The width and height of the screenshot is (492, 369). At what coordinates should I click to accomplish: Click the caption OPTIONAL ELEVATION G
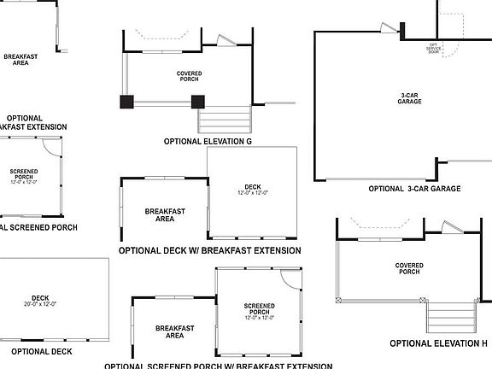(208, 141)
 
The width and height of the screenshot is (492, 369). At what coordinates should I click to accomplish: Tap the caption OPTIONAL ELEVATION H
(438, 343)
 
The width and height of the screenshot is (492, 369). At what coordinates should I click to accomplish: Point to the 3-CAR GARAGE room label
(409, 98)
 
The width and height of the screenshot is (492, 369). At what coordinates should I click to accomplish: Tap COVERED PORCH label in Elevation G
(189, 77)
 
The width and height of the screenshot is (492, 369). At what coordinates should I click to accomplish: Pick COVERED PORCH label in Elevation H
(408, 269)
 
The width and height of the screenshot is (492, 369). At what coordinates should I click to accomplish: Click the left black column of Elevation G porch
(127, 102)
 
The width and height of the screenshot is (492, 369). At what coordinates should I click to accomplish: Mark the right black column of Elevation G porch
(198, 102)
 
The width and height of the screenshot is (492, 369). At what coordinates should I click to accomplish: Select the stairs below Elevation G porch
(225, 119)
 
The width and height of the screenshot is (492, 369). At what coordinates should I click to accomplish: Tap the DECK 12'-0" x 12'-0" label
(252, 190)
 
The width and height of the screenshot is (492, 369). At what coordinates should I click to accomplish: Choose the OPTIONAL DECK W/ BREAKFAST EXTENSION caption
(209, 250)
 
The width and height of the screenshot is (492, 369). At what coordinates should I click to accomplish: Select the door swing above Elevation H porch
(448, 226)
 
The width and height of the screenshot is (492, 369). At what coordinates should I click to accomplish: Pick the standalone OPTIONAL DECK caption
(42, 351)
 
